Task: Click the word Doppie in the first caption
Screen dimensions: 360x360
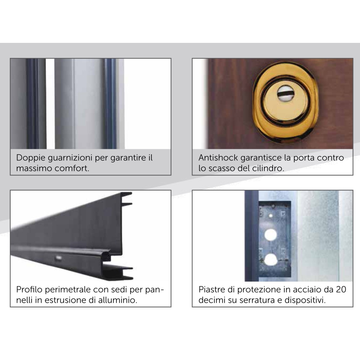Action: click(x=31, y=158)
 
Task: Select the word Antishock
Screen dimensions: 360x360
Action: click(x=218, y=157)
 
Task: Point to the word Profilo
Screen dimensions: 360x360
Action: click(x=29, y=289)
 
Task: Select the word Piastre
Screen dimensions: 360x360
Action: click(x=211, y=289)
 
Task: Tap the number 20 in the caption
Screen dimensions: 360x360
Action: click(x=341, y=289)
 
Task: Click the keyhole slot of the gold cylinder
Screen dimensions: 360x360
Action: click(x=283, y=93)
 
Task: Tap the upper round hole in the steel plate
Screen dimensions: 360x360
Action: click(x=271, y=235)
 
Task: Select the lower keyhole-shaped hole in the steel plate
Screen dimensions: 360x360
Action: click(x=271, y=260)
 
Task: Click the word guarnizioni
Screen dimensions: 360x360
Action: click(x=70, y=158)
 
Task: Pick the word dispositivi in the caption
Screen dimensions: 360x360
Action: click(x=305, y=300)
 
